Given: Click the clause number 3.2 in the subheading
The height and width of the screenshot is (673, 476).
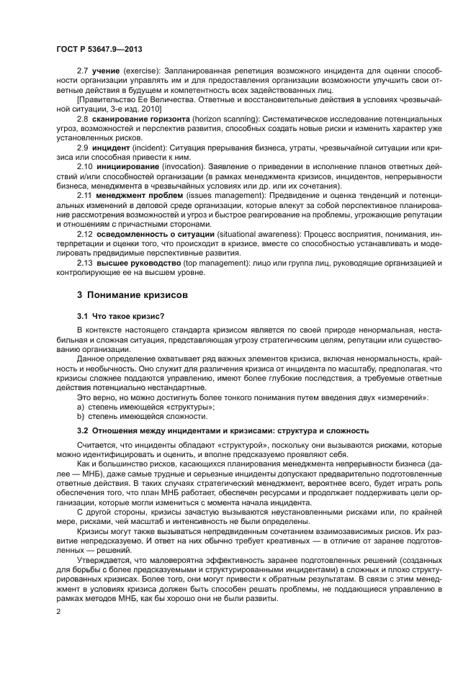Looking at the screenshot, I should point(83,430).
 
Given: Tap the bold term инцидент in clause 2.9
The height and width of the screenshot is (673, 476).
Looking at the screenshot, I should point(111,146).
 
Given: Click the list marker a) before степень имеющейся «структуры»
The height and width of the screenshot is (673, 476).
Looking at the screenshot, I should point(81,407).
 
